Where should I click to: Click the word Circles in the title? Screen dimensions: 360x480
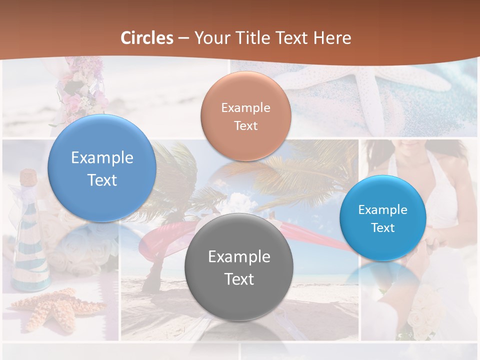tap(146, 38)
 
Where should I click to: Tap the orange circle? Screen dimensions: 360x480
tap(245, 116)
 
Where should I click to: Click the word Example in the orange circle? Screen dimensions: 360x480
tap(245, 108)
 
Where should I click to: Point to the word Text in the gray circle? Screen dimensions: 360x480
tap(239, 279)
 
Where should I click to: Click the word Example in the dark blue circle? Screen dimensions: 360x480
tap(102, 158)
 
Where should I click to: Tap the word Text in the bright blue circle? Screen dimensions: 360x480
tap(383, 228)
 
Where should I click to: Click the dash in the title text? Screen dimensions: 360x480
tap(183, 38)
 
